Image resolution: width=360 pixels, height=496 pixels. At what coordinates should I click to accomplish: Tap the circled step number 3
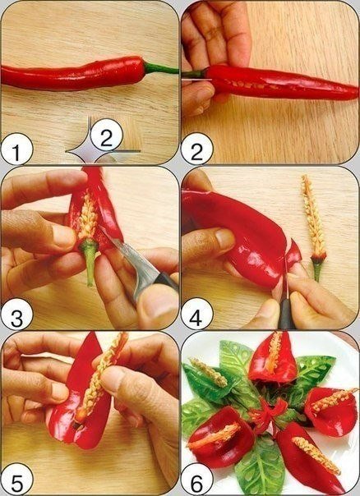[x=16, y=315]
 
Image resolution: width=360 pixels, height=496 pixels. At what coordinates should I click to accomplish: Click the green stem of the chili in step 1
[x=160, y=68]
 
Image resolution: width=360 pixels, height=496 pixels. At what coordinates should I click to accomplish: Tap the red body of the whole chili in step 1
[x=73, y=74]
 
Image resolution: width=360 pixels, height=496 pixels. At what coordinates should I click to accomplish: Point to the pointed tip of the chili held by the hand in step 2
[x=356, y=94]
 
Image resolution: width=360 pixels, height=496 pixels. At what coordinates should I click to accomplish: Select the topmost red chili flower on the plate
[x=273, y=357]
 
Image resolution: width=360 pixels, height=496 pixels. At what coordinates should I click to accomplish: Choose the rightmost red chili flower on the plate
[x=331, y=411]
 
